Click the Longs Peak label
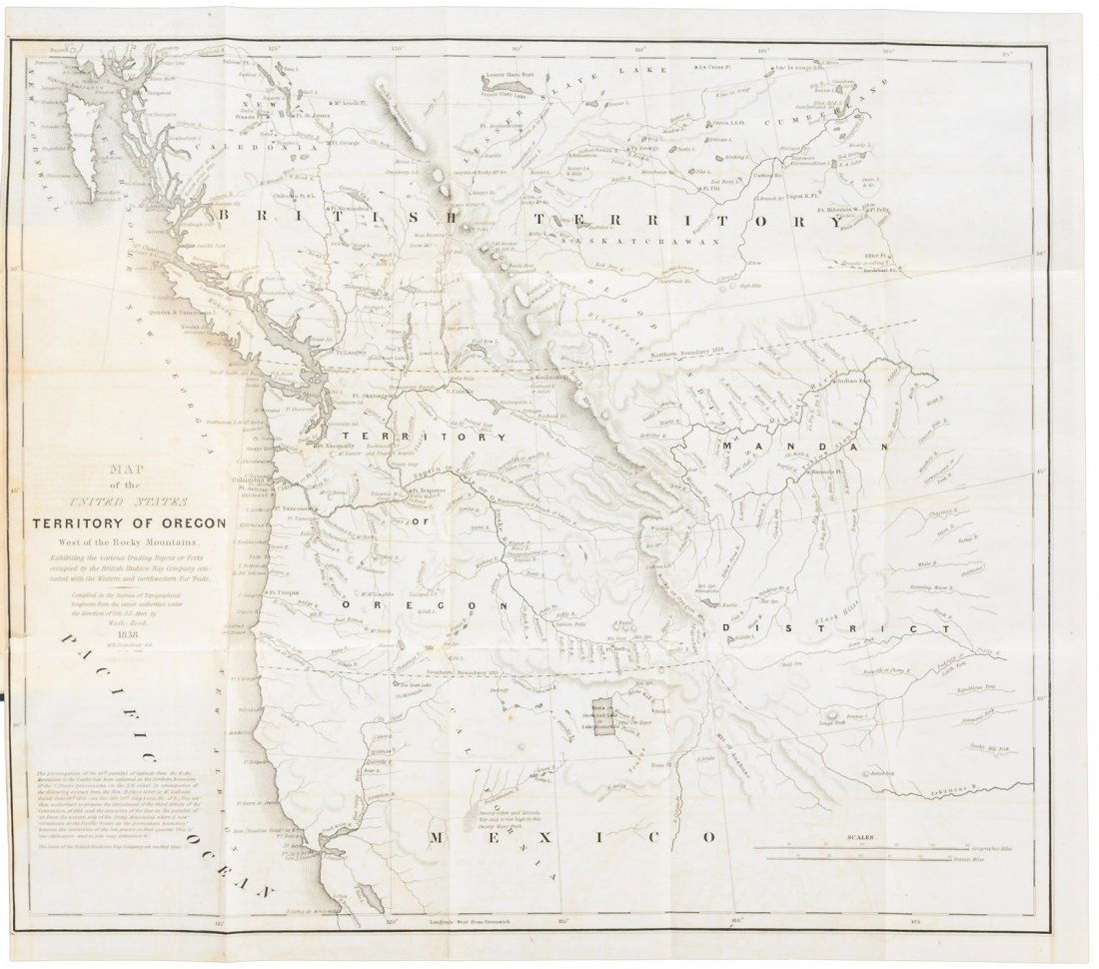point(831,721)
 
